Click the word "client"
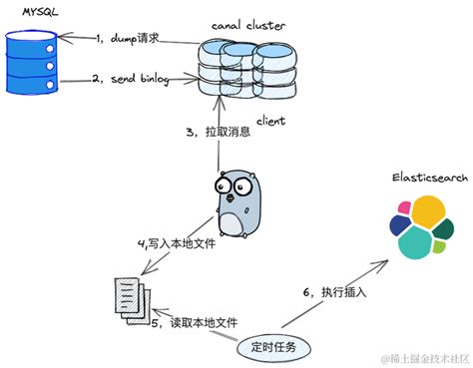pyautogui.click(x=271, y=121)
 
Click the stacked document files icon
pyautogui.click(x=129, y=296)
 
